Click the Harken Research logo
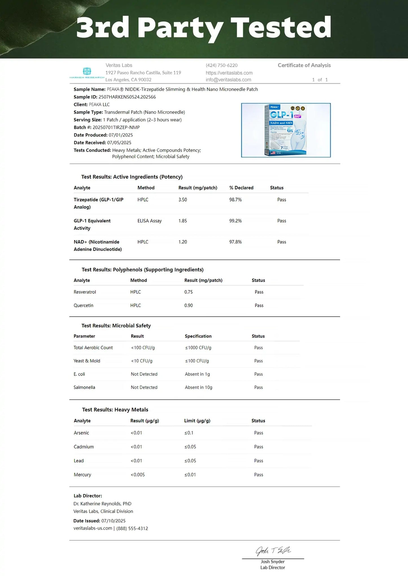tap(87, 73)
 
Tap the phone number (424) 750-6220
tap(222, 65)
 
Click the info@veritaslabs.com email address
tap(228, 80)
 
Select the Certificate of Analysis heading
tap(304, 65)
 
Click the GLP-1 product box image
tap(286, 130)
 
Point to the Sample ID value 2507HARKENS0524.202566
tap(127, 97)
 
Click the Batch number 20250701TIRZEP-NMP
tap(116, 127)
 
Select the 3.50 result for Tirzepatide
tap(183, 200)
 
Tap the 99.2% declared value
tap(235, 221)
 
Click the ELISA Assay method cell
tap(149, 221)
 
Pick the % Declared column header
tap(241, 188)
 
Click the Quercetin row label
tap(83, 305)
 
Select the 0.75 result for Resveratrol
tap(188, 292)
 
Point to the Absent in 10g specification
tap(198, 387)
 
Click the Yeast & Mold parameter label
tap(87, 361)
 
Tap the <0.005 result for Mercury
tap(138, 475)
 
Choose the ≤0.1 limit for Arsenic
tap(189, 433)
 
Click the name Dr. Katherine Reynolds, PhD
tap(102, 504)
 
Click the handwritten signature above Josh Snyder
tap(273, 551)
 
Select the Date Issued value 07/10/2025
tap(113, 521)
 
